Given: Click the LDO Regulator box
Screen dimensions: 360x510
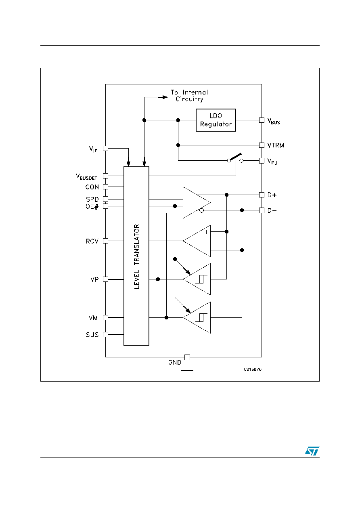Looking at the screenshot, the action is coord(216,120).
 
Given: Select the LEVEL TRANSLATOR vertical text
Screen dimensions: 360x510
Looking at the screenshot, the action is coord(136,256).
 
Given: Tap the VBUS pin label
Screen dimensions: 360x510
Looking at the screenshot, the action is coord(274,121).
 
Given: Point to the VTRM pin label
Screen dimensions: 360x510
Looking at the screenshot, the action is coord(276,145).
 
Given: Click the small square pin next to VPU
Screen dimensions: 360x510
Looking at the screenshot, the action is coord(262,161).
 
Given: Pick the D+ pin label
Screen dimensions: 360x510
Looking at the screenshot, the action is coord(272,195).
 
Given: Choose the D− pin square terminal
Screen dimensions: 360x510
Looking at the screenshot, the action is coord(262,210).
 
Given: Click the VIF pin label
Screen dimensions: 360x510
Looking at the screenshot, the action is coord(93,149).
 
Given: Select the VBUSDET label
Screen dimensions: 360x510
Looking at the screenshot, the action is coord(86,177).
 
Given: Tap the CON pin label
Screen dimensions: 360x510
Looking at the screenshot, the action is coord(92,187).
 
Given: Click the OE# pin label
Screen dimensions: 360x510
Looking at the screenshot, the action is coord(92,206).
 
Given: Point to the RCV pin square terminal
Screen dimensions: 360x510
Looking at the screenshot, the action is coord(105,241).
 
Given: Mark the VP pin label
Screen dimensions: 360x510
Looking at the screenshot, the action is coord(94,279).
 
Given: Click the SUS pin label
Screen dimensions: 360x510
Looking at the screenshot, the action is coord(92,335).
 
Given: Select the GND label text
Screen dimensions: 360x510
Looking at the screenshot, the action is coord(175,362).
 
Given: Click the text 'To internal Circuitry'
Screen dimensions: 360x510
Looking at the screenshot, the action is coord(189,96).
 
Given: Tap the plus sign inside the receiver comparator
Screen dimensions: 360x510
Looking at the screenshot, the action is coord(206,232).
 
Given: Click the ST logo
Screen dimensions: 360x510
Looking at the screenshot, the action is coord(312,451).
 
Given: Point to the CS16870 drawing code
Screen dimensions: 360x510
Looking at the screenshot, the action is coord(253,369).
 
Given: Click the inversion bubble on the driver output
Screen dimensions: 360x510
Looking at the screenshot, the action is coord(201,210).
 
